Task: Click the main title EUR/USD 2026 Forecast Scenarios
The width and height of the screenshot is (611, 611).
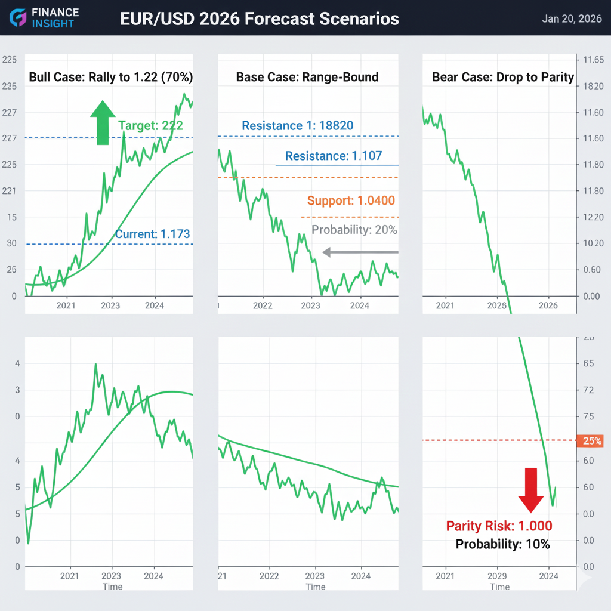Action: coord(259,18)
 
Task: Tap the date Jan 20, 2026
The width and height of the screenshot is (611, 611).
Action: coord(572,18)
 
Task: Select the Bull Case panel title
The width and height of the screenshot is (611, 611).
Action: coord(111,77)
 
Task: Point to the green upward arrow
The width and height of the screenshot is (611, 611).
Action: coord(103,122)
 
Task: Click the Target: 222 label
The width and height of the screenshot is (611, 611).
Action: coord(150,125)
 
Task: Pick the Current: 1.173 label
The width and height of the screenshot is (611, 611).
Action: coord(153,234)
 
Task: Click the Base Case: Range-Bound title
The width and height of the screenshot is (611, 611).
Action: coord(307,77)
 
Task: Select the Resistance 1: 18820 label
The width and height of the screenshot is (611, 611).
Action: coord(297,125)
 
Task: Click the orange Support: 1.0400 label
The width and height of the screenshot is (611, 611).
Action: coord(351,200)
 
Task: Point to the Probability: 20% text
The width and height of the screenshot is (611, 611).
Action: coord(354,230)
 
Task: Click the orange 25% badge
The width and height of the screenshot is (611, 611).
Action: coord(591,441)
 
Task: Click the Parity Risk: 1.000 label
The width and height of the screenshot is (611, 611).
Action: coord(499,526)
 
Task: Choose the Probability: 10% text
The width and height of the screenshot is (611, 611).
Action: coord(502,544)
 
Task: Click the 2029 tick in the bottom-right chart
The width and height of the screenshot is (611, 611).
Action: coord(497,576)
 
